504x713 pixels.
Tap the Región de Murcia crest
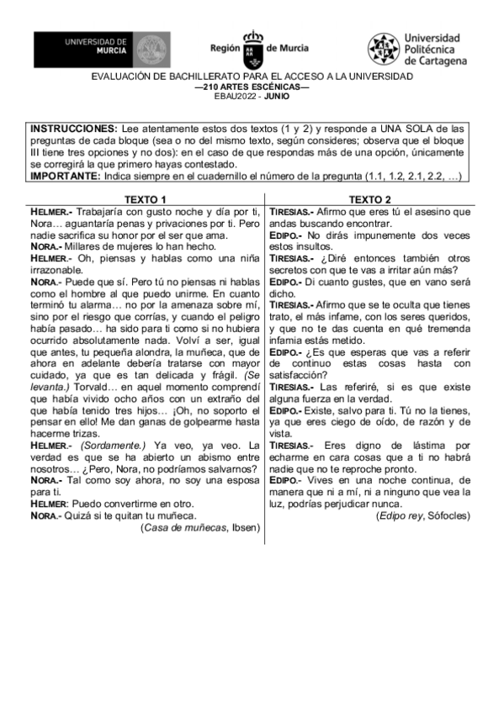pyautogui.click(x=252, y=51)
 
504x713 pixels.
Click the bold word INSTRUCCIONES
pyautogui.click(x=71, y=127)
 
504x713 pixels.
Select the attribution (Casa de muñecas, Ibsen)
pyautogui.click(x=200, y=527)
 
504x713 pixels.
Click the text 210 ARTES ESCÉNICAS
pyautogui.click(x=252, y=87)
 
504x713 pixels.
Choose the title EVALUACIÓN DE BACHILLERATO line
pyautogui.click(x=252, y=77)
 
